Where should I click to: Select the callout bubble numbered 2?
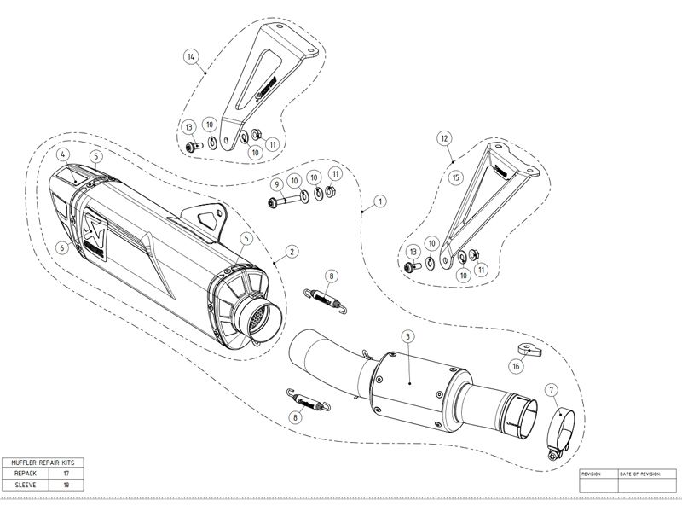292,251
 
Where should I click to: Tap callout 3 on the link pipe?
408,338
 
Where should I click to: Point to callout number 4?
63,154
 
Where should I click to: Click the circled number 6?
63,247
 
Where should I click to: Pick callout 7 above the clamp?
552,390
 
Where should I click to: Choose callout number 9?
276,184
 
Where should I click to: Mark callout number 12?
444,137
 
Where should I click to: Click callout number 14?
191,56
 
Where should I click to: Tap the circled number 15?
456,177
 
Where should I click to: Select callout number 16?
516,365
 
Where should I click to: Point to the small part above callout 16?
525,347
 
